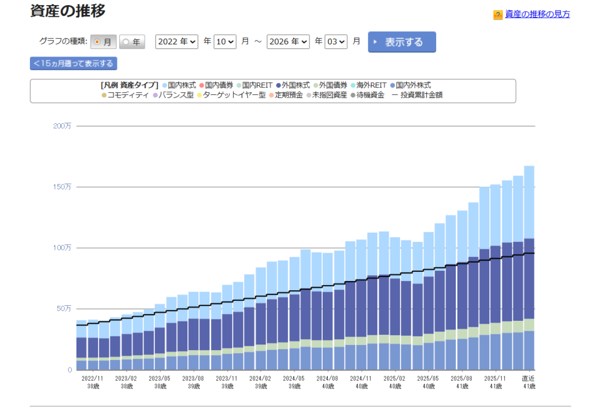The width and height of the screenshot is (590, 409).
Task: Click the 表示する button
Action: tap(402, 42)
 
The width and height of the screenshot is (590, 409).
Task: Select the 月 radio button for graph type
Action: tap(103, 42)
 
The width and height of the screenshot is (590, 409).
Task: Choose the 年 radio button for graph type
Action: tap(132, 42)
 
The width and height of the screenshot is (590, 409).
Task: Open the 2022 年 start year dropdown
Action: tap(176, 42)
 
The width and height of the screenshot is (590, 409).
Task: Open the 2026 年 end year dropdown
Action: tap(288, 42)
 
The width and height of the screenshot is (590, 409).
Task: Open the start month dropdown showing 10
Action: tap(225, 42)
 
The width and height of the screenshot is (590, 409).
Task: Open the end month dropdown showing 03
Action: tap(336, 42)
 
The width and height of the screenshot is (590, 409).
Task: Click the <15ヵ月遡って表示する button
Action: tap(73, 63)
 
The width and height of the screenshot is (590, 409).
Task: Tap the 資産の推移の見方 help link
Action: tap(537, 14)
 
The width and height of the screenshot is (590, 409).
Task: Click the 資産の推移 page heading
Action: tap(68, 11)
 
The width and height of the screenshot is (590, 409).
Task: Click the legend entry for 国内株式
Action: tap(179, 85)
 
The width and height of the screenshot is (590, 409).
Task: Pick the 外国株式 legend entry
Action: tap(293, 85)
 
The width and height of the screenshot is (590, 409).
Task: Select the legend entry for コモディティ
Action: tap(126, 95)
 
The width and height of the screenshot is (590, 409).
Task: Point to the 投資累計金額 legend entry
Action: tap(418, 95)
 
